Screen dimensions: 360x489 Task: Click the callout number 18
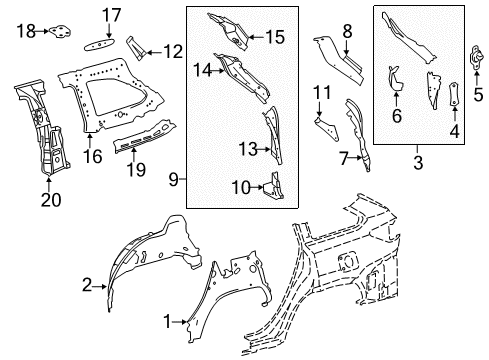pos(26,32)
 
